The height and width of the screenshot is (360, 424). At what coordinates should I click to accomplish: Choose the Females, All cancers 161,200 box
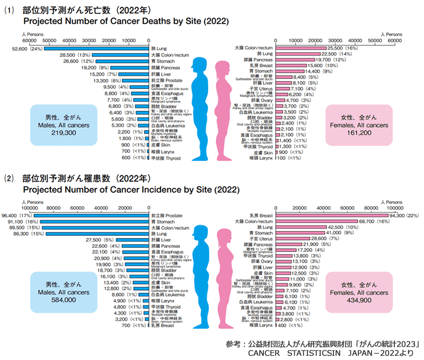362,125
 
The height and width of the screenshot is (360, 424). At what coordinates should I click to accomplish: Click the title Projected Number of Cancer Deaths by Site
126,22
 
